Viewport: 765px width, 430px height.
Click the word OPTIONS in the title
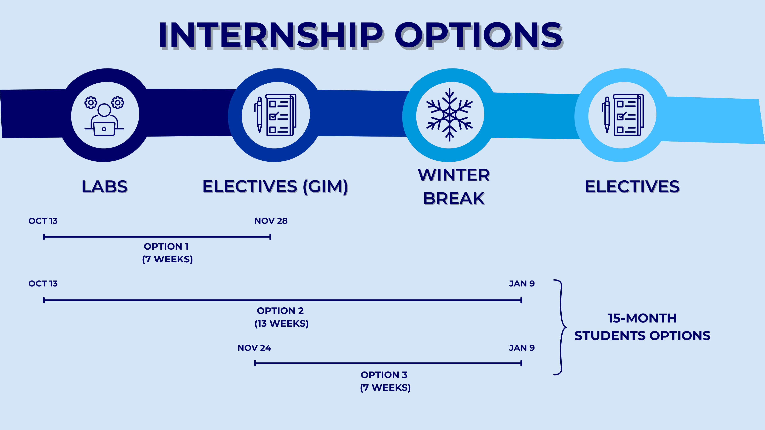479,35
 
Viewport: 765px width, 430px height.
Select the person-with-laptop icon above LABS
104,116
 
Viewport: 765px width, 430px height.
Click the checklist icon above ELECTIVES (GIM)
275,115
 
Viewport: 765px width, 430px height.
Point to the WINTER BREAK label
454,186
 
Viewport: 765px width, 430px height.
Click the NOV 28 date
271,221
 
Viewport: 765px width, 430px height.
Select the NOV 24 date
254,348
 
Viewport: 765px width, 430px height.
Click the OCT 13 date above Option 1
43,221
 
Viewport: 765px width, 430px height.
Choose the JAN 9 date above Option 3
522,348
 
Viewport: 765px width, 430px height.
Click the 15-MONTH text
642,318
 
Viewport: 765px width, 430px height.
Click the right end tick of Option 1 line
270,237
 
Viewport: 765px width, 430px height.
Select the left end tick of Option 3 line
255,363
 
